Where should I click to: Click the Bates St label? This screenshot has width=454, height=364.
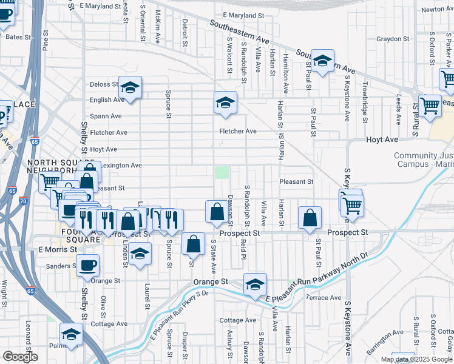click(18, 37)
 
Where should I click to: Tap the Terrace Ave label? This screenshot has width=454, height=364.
click(324, 297)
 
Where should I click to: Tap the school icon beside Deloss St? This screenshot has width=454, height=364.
click(130, 87)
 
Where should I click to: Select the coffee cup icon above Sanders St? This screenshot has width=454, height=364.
click(87, 265)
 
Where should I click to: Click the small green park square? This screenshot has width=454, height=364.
click(223, 172)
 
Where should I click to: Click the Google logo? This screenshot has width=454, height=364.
click(20, 356)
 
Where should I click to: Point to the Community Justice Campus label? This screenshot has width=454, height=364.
click(424, 160)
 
